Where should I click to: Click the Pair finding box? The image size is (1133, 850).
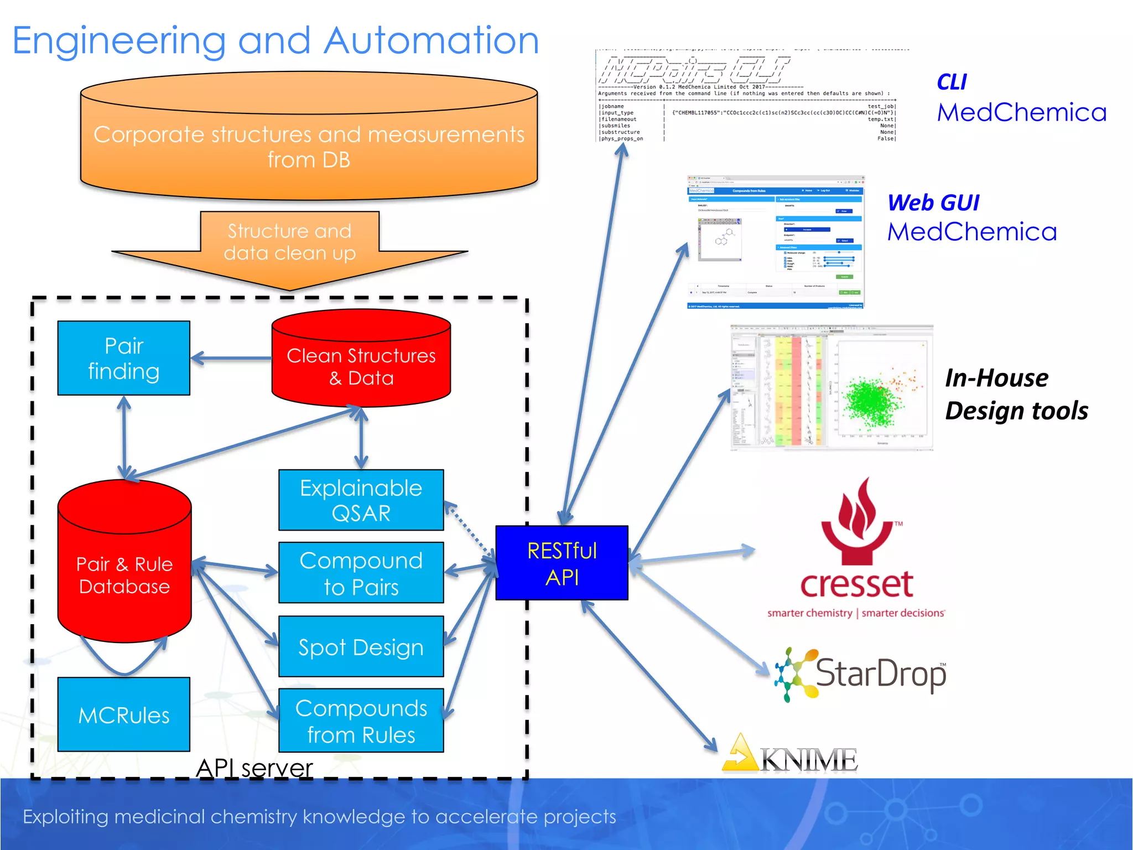pyautogui.click(x=124, y=358)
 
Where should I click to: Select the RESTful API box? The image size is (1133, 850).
pyautogui.click(x=562, y=563)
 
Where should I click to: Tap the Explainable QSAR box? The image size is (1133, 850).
pyautogui.click(x=361, y=500)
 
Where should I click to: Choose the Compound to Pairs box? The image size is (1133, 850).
pyautogui.click(x=361, y=573)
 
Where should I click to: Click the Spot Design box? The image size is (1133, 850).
pyautogui.click(x=361, y=646)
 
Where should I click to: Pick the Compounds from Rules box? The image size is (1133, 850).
pyautogui.click(x=361, y=721)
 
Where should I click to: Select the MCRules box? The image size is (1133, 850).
pyautogui.click(x=124, y=714)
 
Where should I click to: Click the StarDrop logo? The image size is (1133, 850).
pyautogui.click(x=863, y=674)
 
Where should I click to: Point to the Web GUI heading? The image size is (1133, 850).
pyautogui.click(x=933, y=203)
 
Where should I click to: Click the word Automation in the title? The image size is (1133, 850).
pyautogui.click(x=432, y=41)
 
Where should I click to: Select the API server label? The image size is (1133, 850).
pyautogui.click(x=254, y=768)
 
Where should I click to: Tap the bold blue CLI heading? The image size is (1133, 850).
pyautogui.click(x=952, y=82)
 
